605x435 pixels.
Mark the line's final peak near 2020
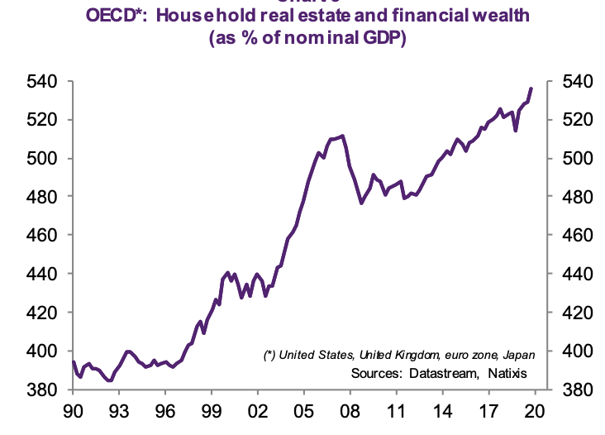531,88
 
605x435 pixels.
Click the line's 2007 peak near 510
342,135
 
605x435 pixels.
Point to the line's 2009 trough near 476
361,203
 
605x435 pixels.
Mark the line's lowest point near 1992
109,381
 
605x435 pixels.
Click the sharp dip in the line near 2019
516,130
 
